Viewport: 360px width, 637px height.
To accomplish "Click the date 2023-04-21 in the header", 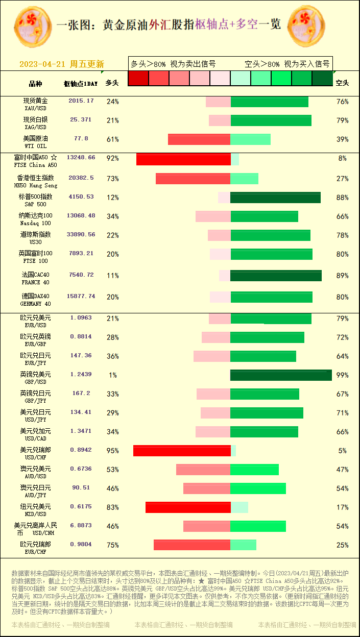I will [43, 64].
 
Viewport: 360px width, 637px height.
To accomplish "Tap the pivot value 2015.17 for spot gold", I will [81, 101].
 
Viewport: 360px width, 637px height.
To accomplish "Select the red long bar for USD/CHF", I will [182, 451].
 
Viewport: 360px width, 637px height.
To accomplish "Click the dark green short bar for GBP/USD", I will [281, 375].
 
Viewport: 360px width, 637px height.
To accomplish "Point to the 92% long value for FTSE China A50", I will [112, 158].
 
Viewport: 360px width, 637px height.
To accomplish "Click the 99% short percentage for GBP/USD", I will [342, 375].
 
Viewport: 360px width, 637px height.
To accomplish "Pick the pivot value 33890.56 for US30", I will [81, 235].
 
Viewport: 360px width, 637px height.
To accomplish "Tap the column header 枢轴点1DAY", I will [80, 83].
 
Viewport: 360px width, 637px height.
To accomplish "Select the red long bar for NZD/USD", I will [188, 507].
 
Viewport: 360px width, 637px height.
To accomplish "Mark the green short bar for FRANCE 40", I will [276, 276].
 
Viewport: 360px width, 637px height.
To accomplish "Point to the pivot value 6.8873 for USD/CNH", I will [81, 525].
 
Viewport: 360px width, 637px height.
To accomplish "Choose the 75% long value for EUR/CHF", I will [112, 545].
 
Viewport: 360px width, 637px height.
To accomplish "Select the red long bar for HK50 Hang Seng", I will [193, 179].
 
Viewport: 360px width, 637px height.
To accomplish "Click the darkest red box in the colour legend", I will [138, 78].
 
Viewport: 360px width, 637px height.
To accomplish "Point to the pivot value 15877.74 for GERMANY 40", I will [81, 297].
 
